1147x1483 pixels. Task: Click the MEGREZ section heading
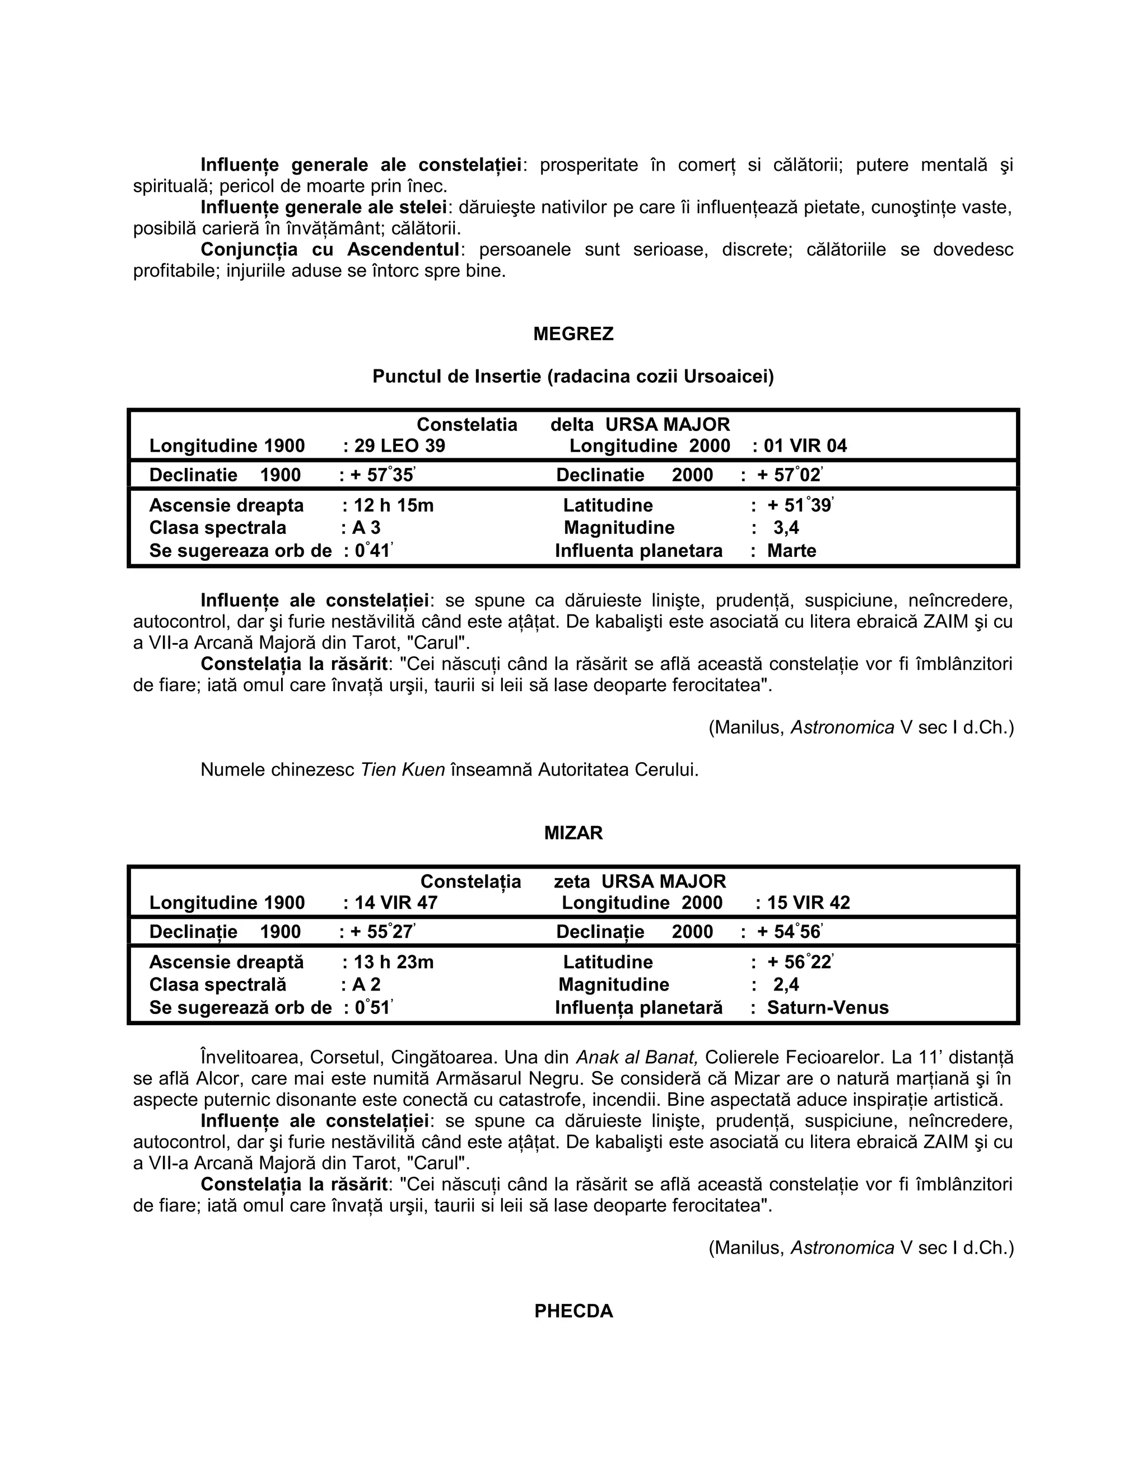click(x=573, y=334)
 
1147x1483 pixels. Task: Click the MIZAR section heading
click(x=573, y=833)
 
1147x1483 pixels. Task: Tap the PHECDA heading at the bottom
click(x=573, y=1311)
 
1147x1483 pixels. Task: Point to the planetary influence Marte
click(x=791, y=550)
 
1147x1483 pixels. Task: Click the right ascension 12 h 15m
click(x=394, y=505)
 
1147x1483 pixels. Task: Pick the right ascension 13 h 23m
click(x=394, y=962)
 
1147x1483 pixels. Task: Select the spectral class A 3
click(x=366, y=528)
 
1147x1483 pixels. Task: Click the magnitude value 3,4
click(x=786, y=528)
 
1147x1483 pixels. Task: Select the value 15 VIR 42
click(x=809, y=903)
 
